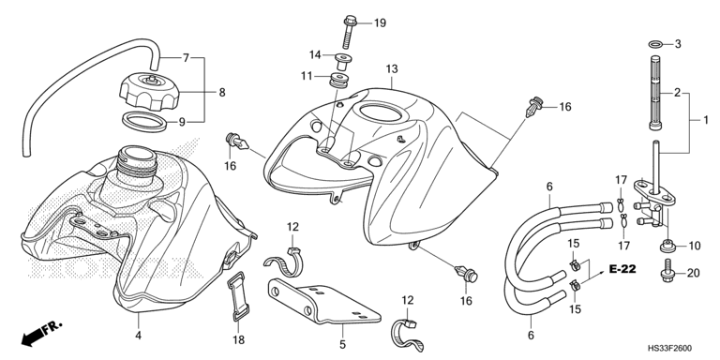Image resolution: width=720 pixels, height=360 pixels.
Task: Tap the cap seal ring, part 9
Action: click(144, 122)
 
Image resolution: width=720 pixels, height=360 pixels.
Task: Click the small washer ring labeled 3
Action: click(655, 44)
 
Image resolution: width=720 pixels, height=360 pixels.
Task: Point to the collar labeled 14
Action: click(341, 62)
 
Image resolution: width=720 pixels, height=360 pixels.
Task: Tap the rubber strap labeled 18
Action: click(237, 296)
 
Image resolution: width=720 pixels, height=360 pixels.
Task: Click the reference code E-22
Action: click(622, 269)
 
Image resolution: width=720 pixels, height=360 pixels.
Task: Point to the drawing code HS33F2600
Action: click(669, 349)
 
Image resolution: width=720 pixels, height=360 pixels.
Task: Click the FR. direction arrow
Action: click(40, 334)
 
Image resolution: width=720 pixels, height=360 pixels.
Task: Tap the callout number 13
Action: click(391, 68)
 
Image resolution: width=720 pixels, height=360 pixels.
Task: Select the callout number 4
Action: click(138, 336)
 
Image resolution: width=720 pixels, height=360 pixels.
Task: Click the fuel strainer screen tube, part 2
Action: click(655, 92)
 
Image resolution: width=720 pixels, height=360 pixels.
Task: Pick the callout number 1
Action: click(706, 120)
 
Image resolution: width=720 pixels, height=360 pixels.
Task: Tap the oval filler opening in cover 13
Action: click(381, 112)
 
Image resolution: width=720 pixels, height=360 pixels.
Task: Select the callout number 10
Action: click(694, 247)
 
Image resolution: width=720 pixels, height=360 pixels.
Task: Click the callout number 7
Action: click(186, 58)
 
